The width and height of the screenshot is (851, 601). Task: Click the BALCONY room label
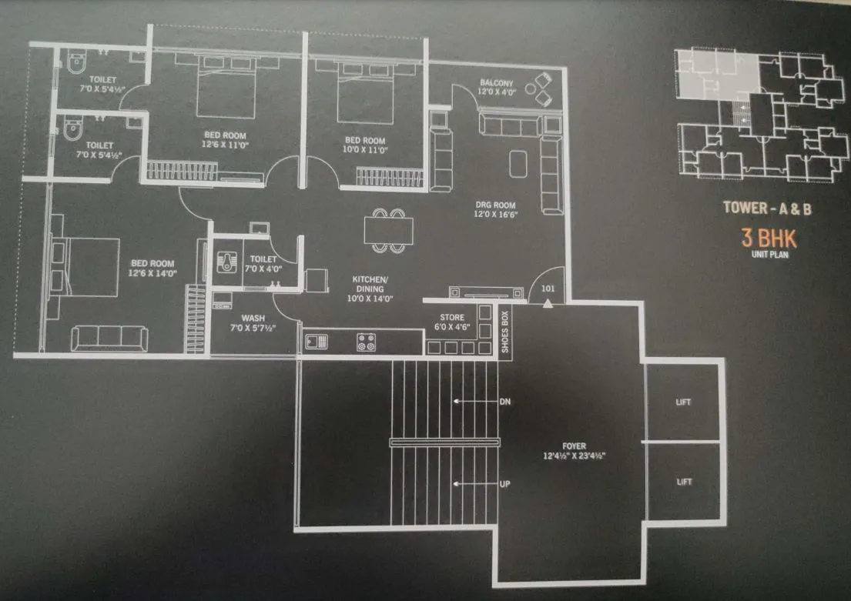pyautogui.click(x=497, y=83)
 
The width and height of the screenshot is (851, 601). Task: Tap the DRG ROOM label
pyautogui.click(x=494, y=205)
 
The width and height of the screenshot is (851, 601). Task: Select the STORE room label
pyautogui.click(x=452, y=316)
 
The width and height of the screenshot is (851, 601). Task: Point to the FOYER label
pyautogui.click(x=574, y=446)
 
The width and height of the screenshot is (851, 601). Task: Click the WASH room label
pyautogui.click(x=253, y=317)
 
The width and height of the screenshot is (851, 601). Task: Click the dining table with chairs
pyautogui.click(x=387, y=230)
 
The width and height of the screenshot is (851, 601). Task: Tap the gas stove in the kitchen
pyautogui.click(x=365, y=342)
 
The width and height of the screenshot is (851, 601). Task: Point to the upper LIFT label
pyautogui.click(x=684, y=402)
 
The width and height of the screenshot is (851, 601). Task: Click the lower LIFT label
pyautogui.click(x=684, y=482)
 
